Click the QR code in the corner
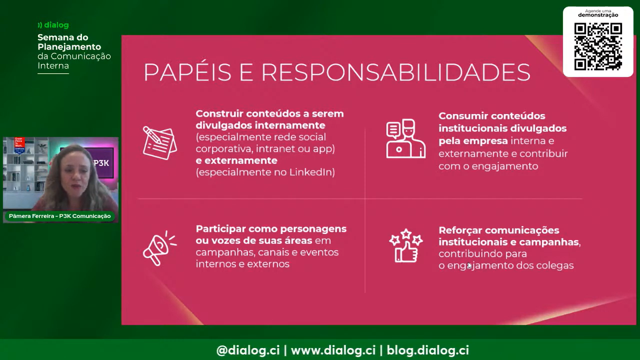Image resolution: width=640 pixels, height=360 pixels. point(598,46)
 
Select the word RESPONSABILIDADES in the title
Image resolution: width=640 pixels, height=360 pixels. point(396,72)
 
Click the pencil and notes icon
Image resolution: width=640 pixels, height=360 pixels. point(160,142)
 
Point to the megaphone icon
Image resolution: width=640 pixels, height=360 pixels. point(160,248)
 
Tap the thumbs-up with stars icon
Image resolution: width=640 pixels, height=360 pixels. point(406,246)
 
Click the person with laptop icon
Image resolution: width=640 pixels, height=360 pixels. point(406,138)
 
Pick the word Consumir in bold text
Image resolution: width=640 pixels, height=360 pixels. point(463,116)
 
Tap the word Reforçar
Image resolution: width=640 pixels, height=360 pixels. point(460,230)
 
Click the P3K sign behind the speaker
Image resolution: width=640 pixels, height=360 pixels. point(102,163)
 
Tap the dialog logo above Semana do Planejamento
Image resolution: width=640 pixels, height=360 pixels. point(54,25)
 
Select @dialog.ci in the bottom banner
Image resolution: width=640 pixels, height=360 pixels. point(248,350)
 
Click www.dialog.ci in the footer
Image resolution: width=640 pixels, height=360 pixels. point(333,350)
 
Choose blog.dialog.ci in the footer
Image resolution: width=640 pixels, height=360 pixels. point(428,350)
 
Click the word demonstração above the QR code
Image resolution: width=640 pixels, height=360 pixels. point(598,15)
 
